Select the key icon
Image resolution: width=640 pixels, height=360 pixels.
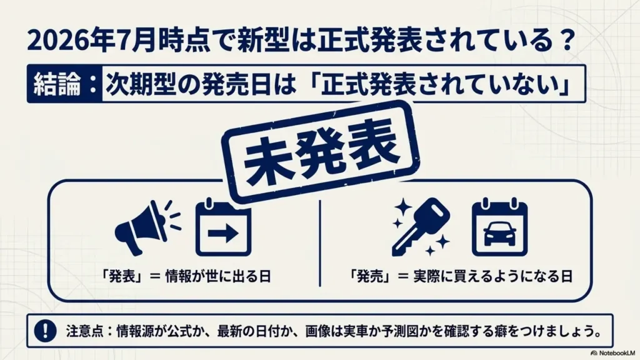(421, 227)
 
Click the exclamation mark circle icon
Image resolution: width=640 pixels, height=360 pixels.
(45, 330)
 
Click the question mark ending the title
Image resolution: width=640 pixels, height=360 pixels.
(567, 41)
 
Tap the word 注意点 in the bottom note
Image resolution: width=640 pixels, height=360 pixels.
(84, 331)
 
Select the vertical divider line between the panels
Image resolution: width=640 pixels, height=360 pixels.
(320, 243)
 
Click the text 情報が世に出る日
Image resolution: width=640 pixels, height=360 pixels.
(218, 277)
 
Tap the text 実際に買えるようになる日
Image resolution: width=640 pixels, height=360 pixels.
(492, 277)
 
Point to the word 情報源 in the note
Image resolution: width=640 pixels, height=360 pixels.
(135, 331)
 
